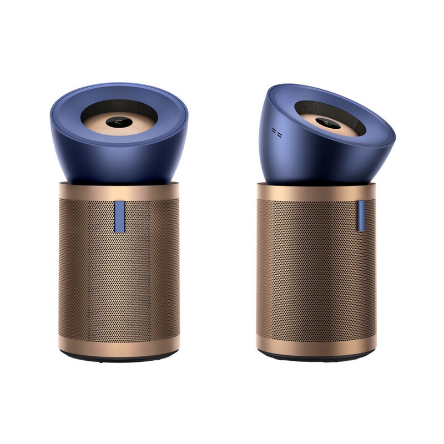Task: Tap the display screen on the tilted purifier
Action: [x=328, y=123]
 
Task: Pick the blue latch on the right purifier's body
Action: [x=361, y=216]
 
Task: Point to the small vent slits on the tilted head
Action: [x=276, y=134]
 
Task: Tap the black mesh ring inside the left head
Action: [x=118, y=105]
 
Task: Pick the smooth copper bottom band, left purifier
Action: [x=119, y=345]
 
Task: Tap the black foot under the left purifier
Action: [x=119, y=359]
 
